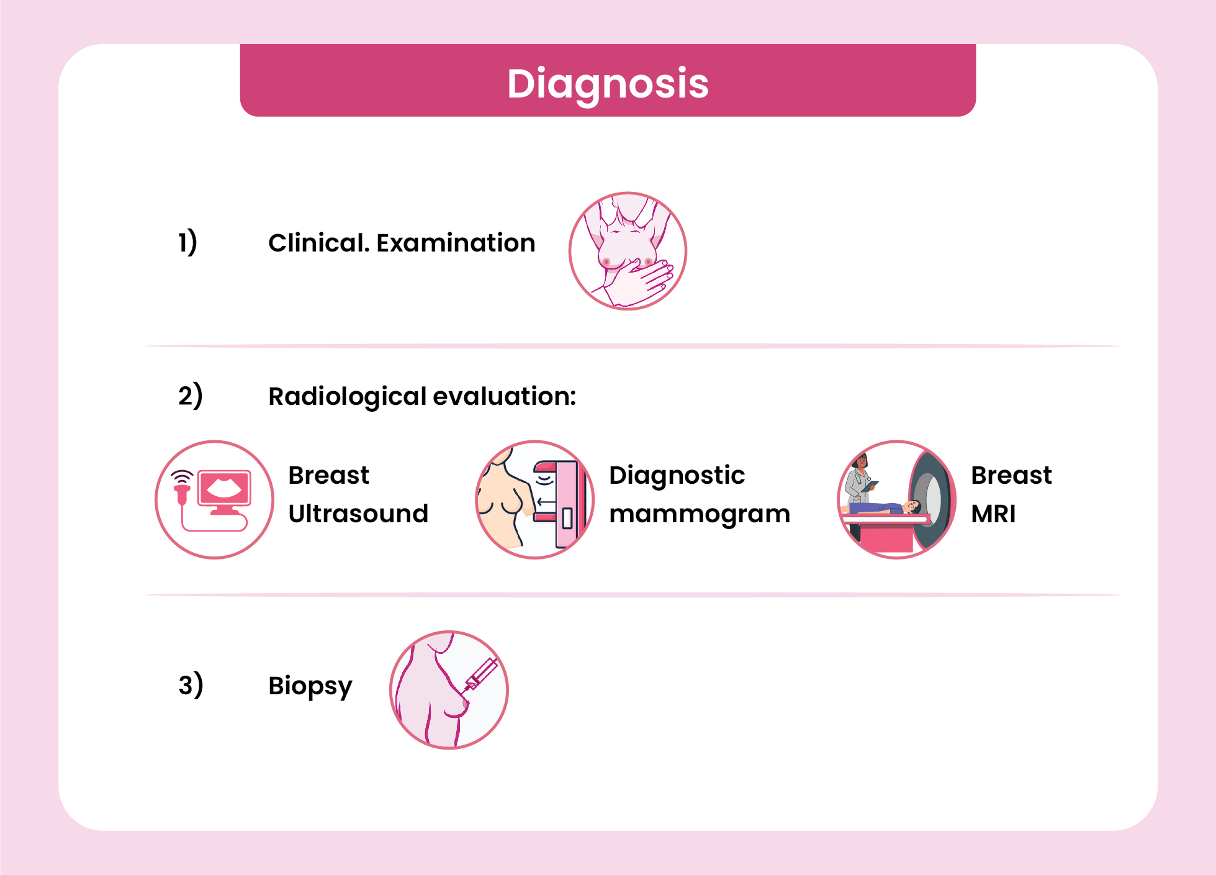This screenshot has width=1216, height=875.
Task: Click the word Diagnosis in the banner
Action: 608,84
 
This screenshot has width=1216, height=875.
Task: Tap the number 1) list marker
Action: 187,242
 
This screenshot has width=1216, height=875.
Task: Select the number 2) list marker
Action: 191,396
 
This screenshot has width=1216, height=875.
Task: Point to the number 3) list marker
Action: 191,684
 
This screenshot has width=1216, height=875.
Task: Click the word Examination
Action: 456,243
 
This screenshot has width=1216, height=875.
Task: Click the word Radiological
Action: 347,397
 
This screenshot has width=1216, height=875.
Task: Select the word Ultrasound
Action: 358,514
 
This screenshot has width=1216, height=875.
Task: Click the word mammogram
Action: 700,515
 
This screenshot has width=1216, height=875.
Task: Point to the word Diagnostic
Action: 677,476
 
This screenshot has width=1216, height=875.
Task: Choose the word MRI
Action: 993,514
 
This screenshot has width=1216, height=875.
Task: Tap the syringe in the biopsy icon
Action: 481,674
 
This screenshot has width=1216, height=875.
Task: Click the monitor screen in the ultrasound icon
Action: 224,487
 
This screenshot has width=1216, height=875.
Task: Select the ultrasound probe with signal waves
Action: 182,487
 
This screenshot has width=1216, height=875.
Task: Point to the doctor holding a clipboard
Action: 860,478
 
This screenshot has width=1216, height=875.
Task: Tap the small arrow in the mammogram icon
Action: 546,502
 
